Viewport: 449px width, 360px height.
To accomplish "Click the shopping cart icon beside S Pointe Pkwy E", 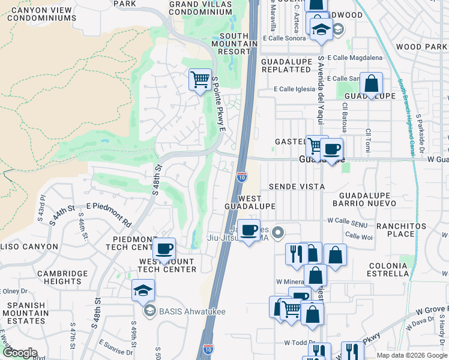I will click(x=199, y=79).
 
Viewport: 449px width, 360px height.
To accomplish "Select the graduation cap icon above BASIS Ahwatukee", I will click(x=143, y=290).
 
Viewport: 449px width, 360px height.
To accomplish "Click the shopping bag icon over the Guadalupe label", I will click(x=372, y=84).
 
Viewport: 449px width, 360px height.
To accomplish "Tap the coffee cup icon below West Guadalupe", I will click(x=250, y=229).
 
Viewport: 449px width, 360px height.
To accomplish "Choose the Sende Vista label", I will click(x=297, y=187).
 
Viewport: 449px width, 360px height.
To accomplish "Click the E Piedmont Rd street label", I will click(x=109, y=214).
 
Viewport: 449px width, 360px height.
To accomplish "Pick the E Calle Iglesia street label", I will click(x=294, y=89).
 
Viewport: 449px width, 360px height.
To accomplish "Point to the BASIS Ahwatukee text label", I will click(x=183, y=311).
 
